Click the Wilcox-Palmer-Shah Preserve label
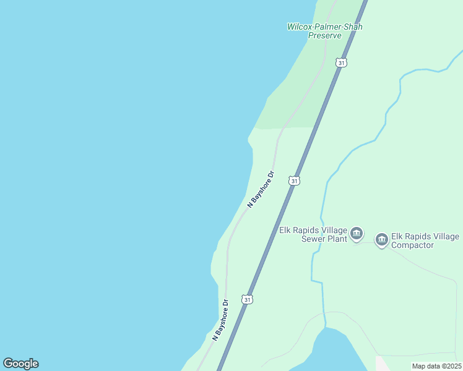324,31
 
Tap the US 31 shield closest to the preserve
342,62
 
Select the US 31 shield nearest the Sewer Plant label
295,181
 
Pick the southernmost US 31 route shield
248,299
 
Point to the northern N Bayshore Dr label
261,189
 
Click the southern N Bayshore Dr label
220,320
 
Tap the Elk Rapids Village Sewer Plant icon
357,234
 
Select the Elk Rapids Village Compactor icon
381,239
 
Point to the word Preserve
325,36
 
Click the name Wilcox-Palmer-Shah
324,27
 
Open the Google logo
20,364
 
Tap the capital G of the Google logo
8,363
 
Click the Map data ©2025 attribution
436,366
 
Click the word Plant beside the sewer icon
335,239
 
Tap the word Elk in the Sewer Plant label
285,230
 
